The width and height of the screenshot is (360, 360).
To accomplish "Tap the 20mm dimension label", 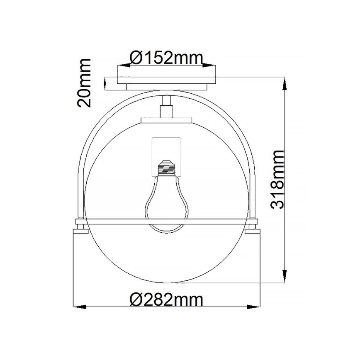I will (x=84, y=83).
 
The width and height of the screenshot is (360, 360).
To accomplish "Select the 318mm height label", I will (x=277, y=180).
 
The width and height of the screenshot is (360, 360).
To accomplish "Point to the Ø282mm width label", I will (x=166, y=299).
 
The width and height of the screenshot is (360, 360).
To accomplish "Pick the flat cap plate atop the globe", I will (x=167, y=121).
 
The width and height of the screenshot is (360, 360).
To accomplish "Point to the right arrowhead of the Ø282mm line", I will (x=253, y=307).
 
